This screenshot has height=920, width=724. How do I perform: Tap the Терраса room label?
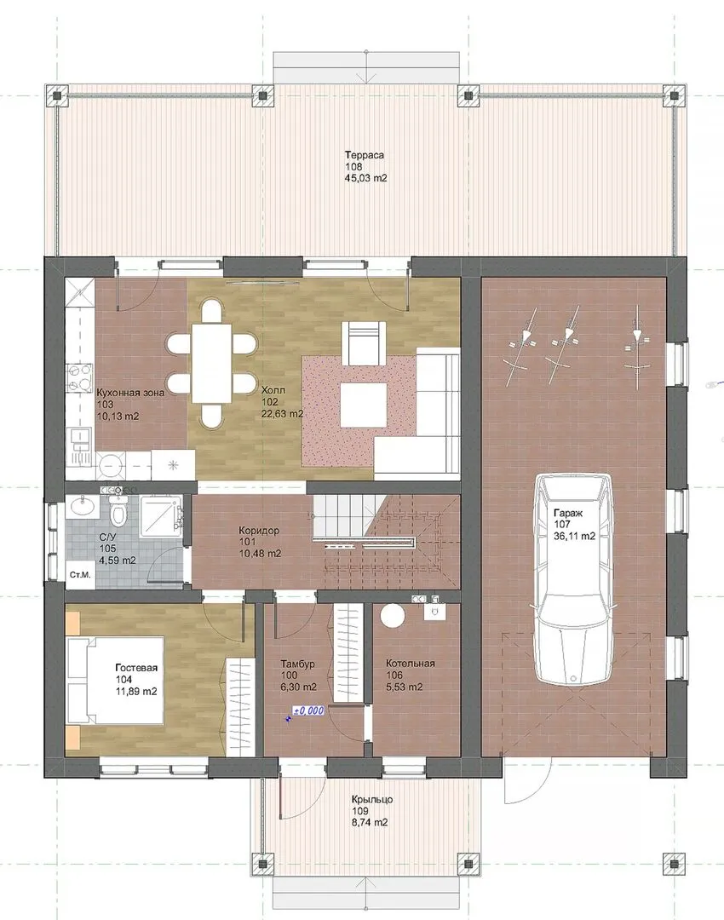365,155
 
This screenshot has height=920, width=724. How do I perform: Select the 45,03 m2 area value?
366,178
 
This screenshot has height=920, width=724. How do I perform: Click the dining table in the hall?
212,364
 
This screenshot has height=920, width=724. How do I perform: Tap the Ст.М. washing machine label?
80,575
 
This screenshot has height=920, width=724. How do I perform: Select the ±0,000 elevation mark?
308,710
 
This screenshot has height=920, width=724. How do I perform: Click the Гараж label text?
568,512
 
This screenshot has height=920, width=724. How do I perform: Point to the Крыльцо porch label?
372,799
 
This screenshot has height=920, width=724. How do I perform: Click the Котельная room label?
410,663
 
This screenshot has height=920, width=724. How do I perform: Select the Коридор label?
259,531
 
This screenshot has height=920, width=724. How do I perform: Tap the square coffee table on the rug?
364,405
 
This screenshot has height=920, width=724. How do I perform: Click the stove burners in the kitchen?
80,378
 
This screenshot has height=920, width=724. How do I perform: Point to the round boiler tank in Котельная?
393,618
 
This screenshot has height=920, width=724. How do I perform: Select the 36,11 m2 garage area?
574,536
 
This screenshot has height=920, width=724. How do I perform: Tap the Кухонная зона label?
130,392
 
